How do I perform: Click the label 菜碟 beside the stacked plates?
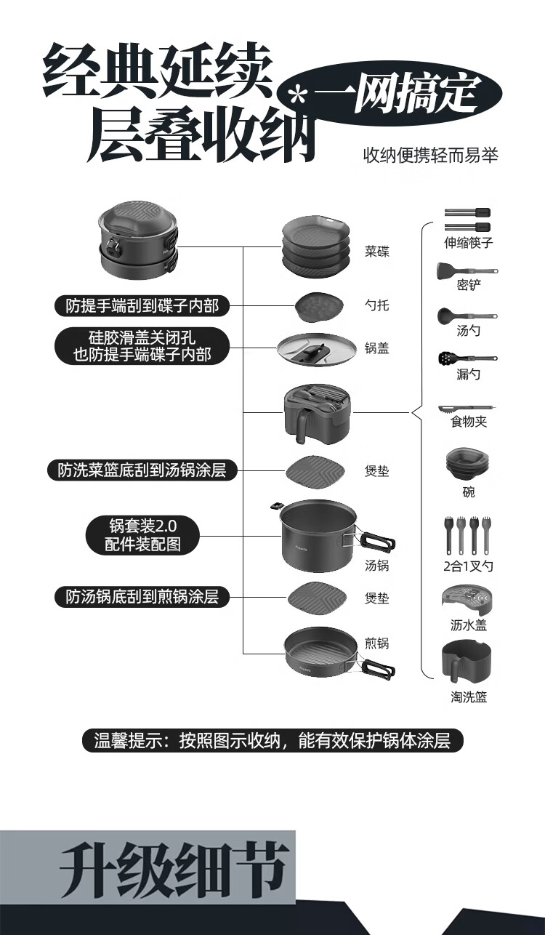[377, 252]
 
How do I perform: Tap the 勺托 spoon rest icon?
[316, 306]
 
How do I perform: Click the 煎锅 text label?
[377, 643]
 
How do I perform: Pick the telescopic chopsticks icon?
[467, 218]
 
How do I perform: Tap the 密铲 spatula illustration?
[467, 271]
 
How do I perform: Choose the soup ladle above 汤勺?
[467, 316]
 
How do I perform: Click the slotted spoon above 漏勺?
[467, 358]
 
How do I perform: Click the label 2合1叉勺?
[468, 566]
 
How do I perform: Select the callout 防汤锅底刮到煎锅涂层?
[142, 598]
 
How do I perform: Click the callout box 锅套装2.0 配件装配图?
[142, 535]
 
